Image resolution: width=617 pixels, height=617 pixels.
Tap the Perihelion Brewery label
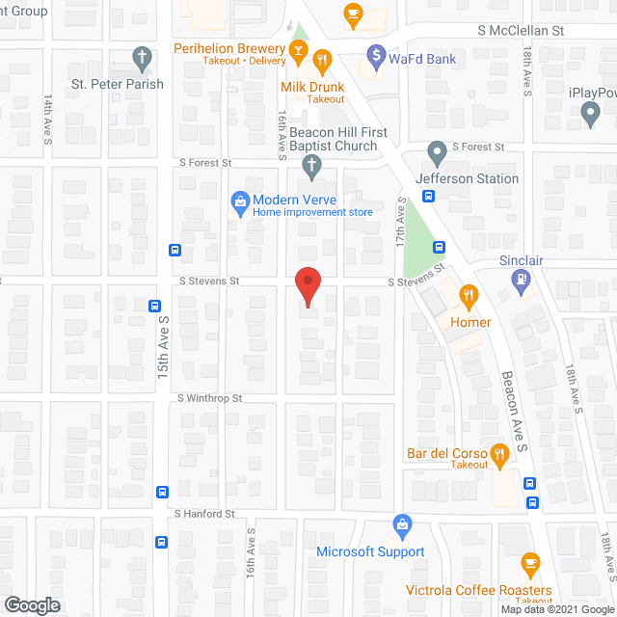[228, 47]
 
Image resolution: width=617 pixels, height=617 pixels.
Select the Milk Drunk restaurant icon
[322, 60]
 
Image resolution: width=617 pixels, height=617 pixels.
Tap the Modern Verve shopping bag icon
[238, 201]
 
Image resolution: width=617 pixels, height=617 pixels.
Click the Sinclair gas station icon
[522, 281]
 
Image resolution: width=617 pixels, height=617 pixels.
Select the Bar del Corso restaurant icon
[498, 452]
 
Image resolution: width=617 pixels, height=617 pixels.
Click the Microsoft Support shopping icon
[402, 525]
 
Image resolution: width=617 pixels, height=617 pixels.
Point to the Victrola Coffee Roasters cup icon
[529, 564]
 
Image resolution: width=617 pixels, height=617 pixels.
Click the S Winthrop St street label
[209, 398]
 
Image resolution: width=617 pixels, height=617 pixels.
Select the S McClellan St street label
[521, 31]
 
